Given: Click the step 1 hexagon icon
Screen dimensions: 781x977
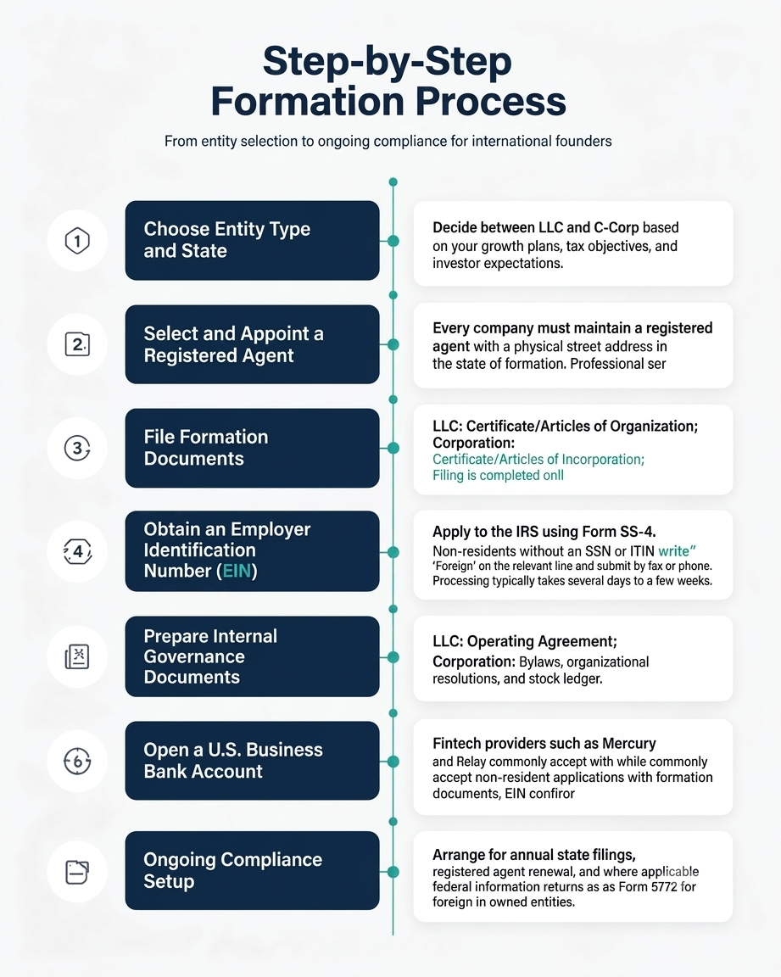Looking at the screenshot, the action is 77,241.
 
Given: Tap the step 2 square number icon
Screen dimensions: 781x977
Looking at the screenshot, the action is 77,344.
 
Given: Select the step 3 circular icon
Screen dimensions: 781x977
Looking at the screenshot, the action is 77,448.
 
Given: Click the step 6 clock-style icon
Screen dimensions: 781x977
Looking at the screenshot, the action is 77,761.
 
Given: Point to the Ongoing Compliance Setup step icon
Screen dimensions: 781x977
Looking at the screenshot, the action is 77,872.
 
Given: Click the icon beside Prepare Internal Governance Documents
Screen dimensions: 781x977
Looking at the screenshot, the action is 77,656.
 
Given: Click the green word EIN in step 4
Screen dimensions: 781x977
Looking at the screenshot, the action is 237,571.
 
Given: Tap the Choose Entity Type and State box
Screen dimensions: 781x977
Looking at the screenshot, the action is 252,240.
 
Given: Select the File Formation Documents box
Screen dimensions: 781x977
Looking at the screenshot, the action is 252,448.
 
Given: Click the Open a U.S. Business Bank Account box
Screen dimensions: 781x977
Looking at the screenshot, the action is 252,760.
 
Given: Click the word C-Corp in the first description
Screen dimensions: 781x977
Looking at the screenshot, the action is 603,227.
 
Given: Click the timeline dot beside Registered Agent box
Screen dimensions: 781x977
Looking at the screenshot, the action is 393,344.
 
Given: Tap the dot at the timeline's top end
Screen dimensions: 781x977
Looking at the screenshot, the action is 393,182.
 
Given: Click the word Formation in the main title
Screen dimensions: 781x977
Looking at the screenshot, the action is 309,101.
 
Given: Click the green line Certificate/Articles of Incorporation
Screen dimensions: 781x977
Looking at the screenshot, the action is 538,459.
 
